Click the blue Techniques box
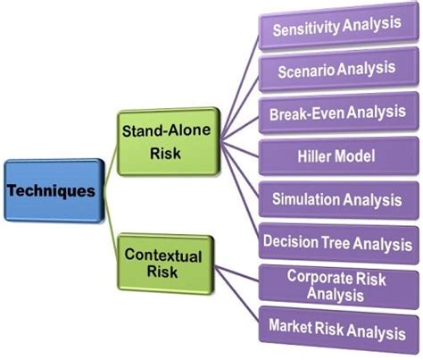(53, 190)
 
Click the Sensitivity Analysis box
(336, 27)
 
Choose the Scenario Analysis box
(336, 69)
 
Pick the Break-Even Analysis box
(336, 113)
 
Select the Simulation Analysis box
(336, 198)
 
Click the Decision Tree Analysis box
(336, 241)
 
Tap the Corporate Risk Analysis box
(336, 283)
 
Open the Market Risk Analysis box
(336, 331)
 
